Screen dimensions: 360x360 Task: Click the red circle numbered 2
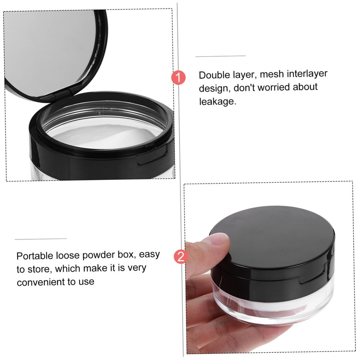[x=180, y=257]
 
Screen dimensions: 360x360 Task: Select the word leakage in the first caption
[x=217, y=102]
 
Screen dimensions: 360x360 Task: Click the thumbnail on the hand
[x=220, y=243]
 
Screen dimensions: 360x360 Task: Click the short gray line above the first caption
[x=220, y=56]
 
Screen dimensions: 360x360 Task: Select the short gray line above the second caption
[x=40, y=239]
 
